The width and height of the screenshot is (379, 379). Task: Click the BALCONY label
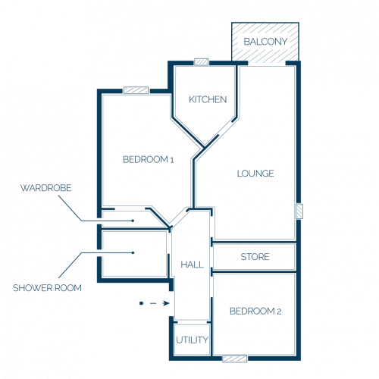[x=265, y=42]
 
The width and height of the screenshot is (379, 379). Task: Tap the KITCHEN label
[x=208, y=99]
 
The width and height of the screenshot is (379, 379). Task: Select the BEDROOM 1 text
[x=149, y=159]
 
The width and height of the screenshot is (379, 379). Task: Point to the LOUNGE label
[x=255, y=174]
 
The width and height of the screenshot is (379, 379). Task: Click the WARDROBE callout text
[x=45, y=188]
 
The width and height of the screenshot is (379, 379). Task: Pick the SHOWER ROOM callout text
[x=47, y=288]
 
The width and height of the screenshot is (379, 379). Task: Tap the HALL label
[x=193, y=265]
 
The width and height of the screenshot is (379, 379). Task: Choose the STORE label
[x=255, y=257]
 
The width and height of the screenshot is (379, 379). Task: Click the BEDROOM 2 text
[x=255, y=311]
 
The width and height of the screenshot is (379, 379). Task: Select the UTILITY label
[x=193, y=340]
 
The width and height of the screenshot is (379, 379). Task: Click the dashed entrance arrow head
[x=166, y=303]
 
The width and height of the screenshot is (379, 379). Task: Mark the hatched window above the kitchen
[x=202, y=62]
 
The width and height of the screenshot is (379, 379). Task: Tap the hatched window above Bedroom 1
[x=136, y=90]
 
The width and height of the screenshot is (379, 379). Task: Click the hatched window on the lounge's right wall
[x=299, y=211]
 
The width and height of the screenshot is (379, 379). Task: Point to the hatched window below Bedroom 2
[x=235, y=359]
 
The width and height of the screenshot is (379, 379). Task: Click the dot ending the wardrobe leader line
[x=133, y=221]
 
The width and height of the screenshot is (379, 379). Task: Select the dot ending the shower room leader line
[x=133, y=252]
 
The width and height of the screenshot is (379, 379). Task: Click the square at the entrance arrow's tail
[x=141, y=303]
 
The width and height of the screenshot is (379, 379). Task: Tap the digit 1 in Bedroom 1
[x=172, y=160]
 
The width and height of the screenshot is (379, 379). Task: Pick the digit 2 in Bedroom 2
[x=279, y=312]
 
